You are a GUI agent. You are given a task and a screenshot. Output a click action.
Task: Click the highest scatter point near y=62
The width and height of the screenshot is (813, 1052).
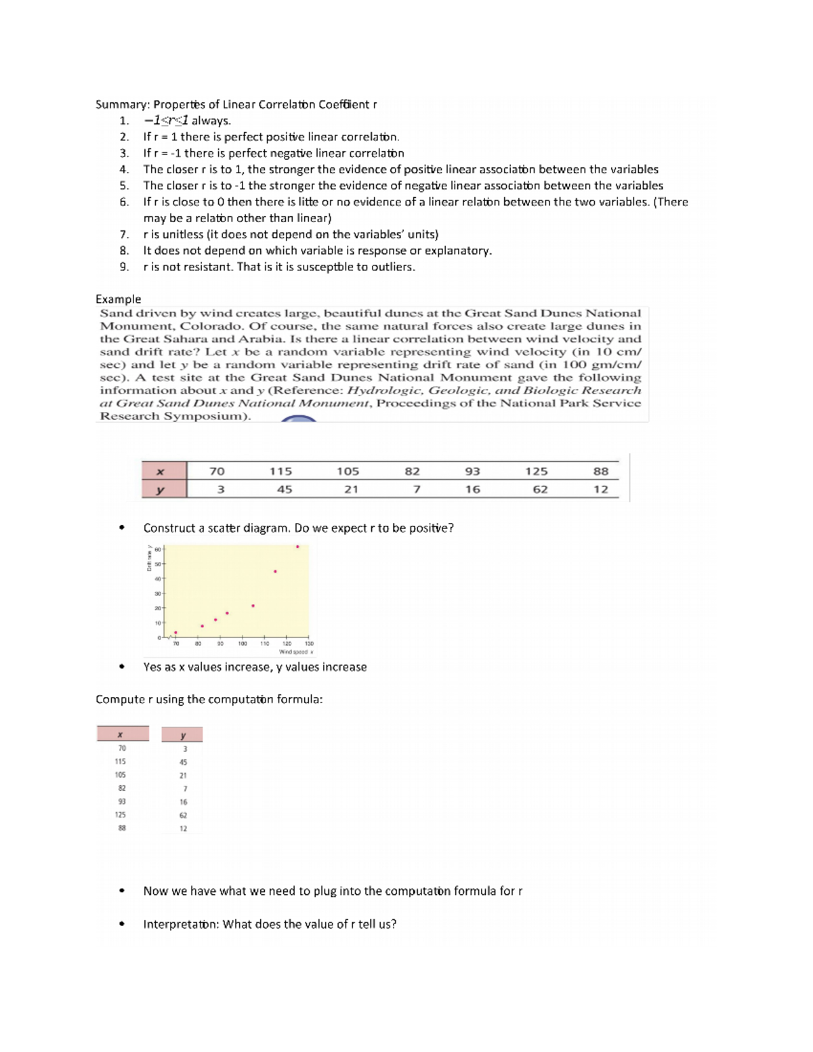297,547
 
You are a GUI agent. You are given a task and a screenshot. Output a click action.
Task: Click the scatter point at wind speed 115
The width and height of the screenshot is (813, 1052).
275,572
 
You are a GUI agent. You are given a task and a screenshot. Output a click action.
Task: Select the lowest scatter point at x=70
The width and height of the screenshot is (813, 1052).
175,633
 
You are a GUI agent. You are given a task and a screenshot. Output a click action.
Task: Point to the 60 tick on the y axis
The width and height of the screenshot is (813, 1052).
157,549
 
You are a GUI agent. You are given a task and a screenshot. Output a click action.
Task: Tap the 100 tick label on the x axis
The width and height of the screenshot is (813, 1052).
242,644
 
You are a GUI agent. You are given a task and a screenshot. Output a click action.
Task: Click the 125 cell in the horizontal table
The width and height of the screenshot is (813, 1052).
536,471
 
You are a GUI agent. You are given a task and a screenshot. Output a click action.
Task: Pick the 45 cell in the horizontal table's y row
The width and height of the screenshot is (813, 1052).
285,489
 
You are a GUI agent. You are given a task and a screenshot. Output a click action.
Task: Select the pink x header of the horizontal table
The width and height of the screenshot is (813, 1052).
161,471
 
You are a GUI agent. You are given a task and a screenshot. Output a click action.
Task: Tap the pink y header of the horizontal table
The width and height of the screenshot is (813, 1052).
161,489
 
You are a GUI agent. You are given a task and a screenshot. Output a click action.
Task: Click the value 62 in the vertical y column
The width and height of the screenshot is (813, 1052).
183,816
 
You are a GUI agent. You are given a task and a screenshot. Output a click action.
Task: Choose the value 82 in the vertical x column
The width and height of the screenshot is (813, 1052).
121,788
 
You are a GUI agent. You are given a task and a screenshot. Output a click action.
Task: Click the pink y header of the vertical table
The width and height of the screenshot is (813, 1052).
182,735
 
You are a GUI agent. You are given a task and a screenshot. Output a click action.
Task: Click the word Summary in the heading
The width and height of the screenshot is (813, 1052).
121,104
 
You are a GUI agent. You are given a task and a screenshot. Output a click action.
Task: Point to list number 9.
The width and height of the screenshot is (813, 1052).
123,267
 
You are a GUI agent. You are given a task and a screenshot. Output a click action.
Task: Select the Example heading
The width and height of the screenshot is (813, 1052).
119,299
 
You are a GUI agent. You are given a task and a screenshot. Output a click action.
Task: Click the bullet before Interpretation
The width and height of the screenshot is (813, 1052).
121,924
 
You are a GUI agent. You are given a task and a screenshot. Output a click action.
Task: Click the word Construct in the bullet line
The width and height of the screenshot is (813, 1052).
169,528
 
